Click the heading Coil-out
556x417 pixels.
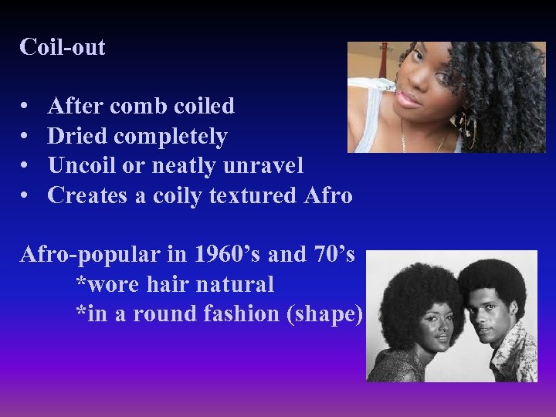coord(63,47)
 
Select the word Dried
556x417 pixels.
coord(77,137)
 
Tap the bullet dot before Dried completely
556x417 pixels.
coord(25,137)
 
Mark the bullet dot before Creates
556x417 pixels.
coord(25,195)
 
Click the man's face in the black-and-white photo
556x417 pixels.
coord(487,312)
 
